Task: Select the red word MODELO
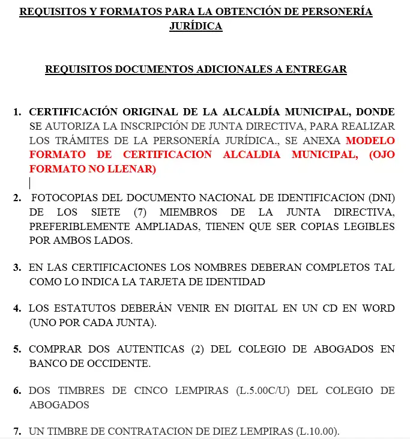371,141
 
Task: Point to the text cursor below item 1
30,183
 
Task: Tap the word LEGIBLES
366,226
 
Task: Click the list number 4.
17,308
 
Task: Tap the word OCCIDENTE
120,363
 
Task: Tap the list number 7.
17,431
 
